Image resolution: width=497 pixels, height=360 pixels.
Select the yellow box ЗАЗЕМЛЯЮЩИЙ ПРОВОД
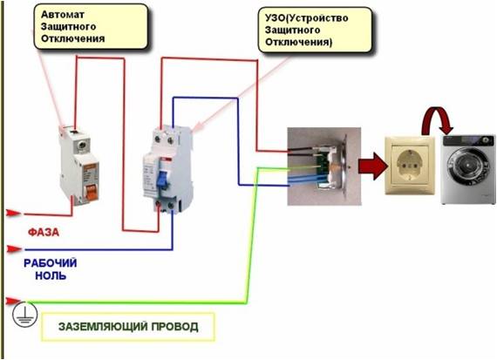(128, 327)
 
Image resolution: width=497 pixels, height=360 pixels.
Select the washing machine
(466, 167)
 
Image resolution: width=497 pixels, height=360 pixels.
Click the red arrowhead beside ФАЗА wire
(13, 211)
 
